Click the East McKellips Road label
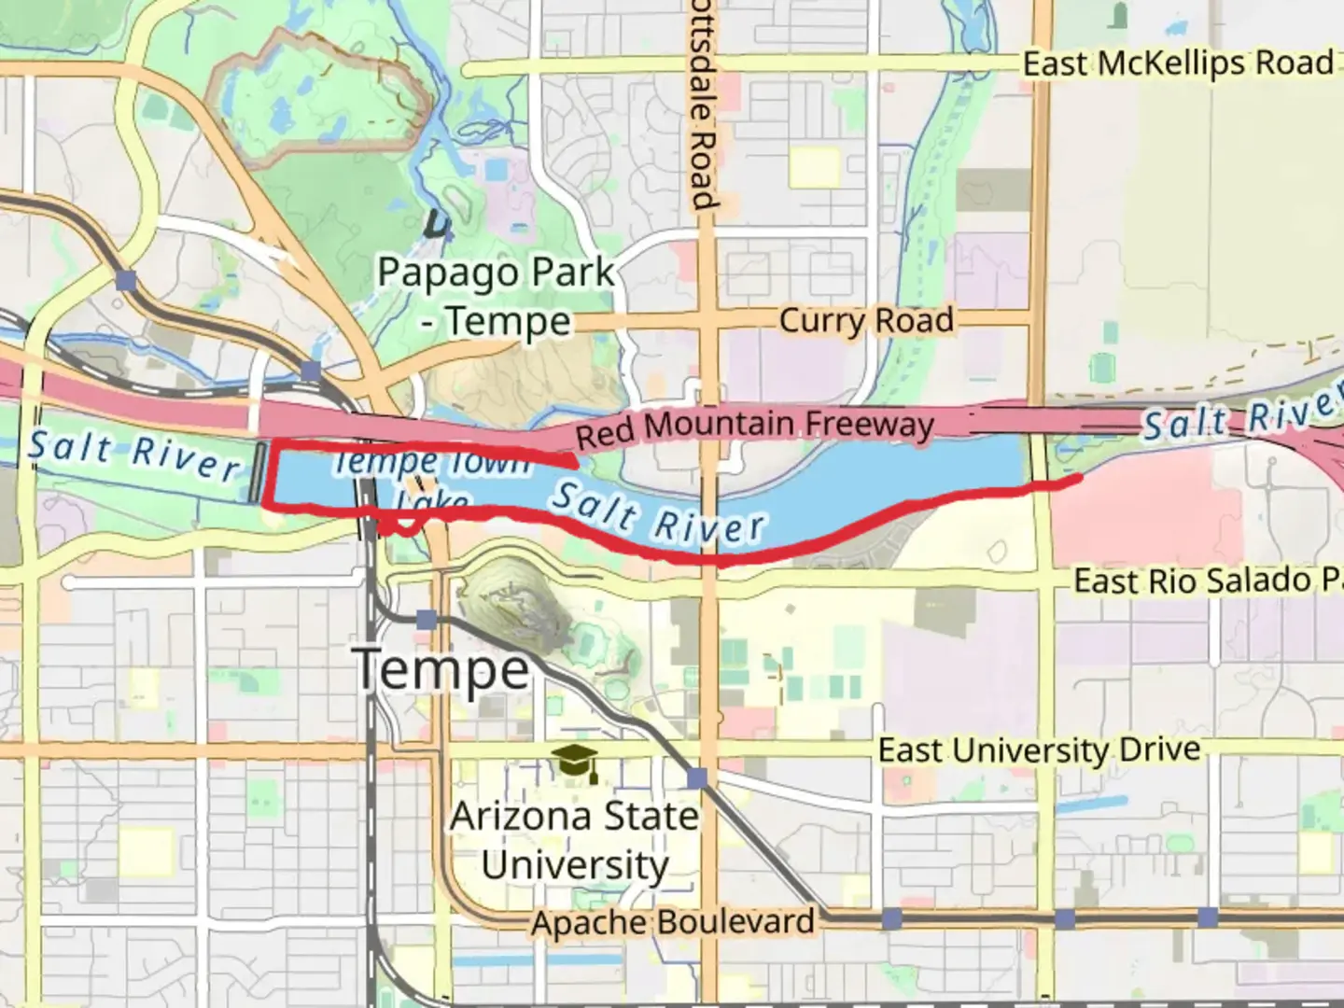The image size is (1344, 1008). point(1178,63)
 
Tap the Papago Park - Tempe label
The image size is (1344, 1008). point(496,297)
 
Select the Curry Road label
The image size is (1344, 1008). point(866,320)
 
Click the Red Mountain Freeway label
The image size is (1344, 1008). point(754,427)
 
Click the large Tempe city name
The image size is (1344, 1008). point(441,668)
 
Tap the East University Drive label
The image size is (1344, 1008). point(1039,749)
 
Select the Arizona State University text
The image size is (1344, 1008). point(574,840)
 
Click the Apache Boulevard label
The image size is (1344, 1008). point(673,922)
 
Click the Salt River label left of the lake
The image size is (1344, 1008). point(133,454)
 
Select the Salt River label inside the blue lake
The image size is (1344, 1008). point(658,513)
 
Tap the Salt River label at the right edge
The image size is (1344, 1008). point(1241,417)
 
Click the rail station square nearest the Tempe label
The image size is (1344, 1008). point(427,619)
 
